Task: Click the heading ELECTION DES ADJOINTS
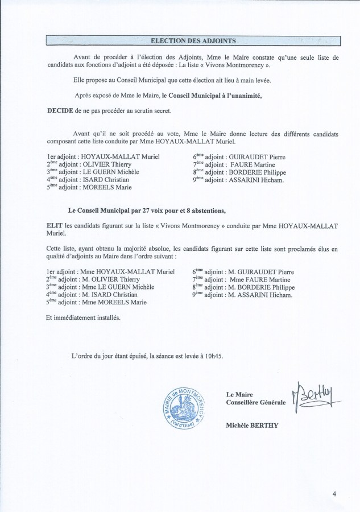pyautogui.click(x=193, y=40)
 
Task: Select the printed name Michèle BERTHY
pyautogui.click(x=252, y=425)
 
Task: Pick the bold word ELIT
pyautogui.click(x=55, y=226)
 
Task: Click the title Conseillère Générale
pyautogui.click(x=256, y=402)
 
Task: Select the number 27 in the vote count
pyautogui.click(x=151, y=211)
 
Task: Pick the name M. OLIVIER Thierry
pyautogui.click(x=116, y=280)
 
